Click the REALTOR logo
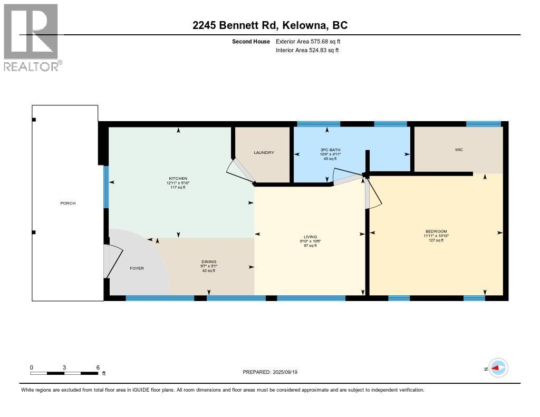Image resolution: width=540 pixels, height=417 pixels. point(32,37)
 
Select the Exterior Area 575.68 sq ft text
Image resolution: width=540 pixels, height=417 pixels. point(312,41)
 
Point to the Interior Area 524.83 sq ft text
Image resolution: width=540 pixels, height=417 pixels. point(307,50)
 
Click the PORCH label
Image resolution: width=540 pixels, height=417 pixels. point(67,203)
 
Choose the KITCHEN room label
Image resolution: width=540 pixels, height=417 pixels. point(178,178)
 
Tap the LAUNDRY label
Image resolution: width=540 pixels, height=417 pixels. point(264,152)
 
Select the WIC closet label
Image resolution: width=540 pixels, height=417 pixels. point(459,150)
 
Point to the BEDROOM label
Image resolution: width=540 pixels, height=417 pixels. point(436,231)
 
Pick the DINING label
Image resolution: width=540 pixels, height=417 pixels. point(209,261)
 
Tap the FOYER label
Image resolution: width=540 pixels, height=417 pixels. point(137,268)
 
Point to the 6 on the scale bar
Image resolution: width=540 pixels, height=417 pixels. point(98,367)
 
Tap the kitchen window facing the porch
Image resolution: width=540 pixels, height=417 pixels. point(106,187)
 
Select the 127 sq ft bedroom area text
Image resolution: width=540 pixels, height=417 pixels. point(436,240)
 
